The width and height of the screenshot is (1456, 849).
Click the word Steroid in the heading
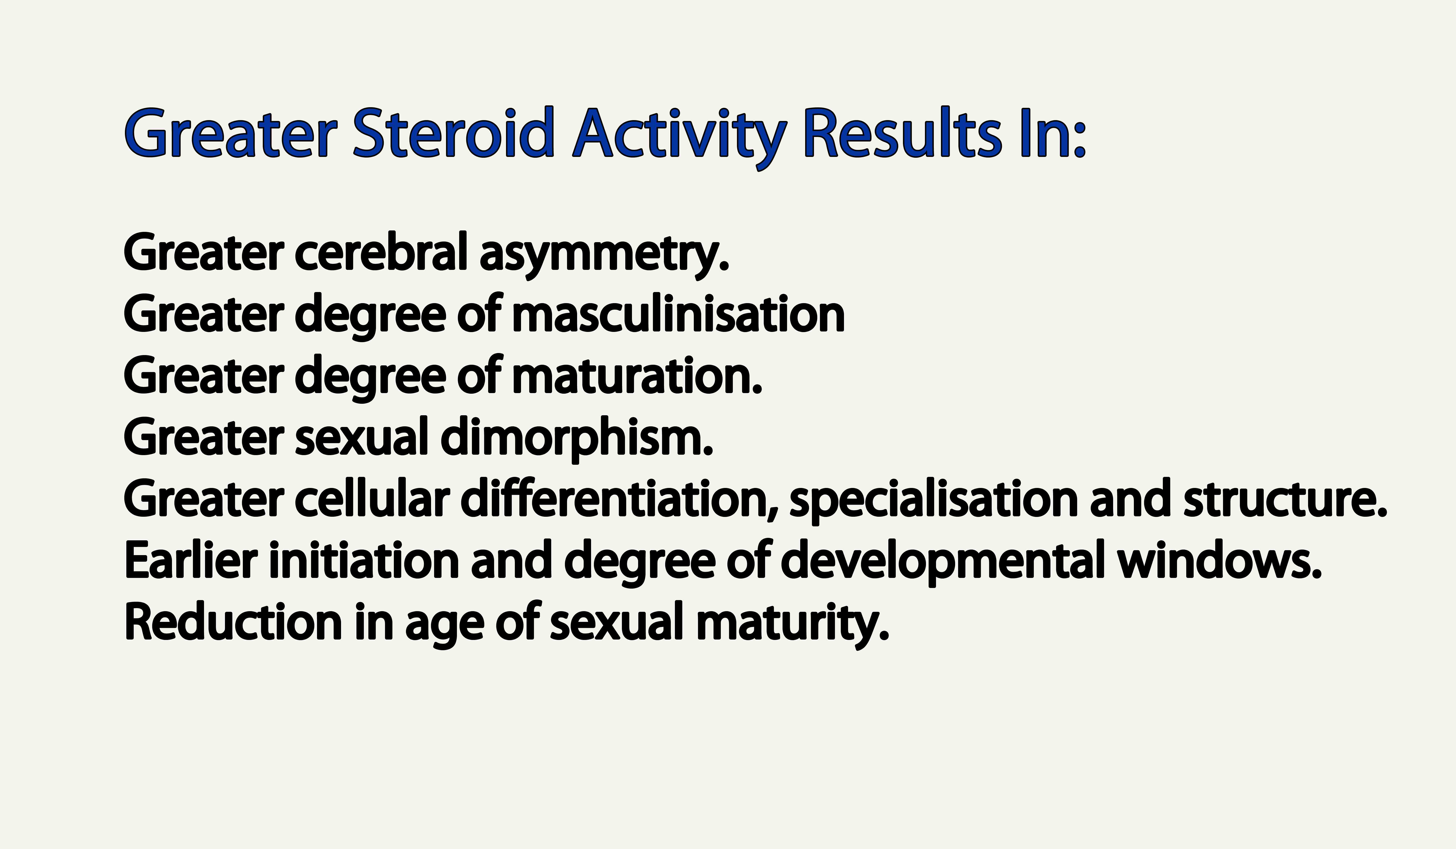(454, 134)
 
